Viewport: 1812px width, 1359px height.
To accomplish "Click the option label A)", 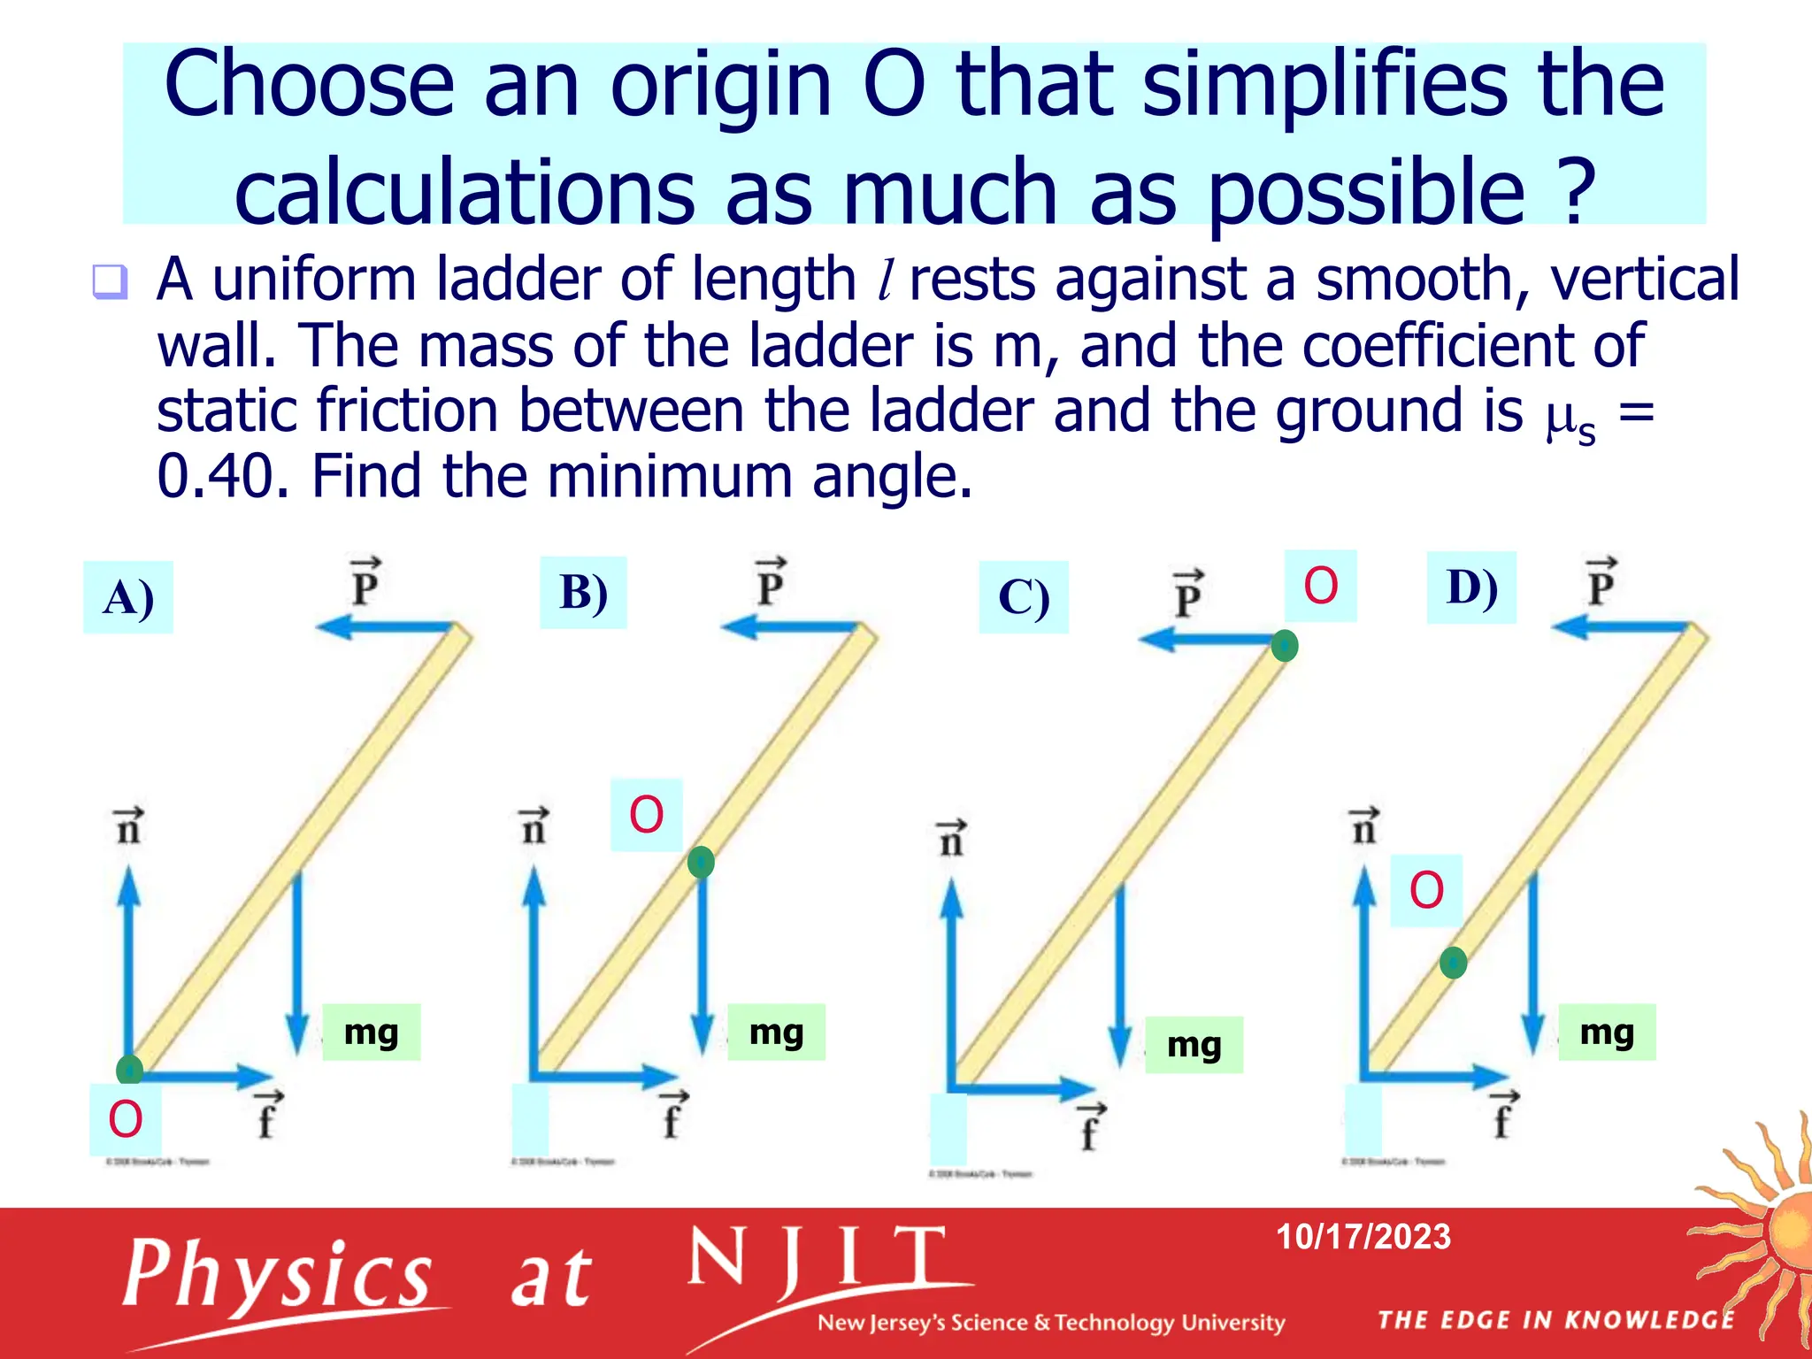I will pyautogui.click(x=128, y=598).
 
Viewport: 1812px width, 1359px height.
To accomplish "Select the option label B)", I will pyautogui.click(x=583, y=593).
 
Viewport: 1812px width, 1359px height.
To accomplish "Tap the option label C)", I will pyautogui.click(x=1024, y=597).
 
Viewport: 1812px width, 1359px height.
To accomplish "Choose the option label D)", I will pyautogui.click(x=1471, y=587).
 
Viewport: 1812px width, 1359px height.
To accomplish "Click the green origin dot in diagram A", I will pyautogui.click(x=130, y=1070).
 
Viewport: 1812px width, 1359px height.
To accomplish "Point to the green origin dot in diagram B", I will pyautogui.click(x=701, y=862).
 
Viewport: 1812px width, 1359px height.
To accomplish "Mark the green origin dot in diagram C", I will pyautogui.click(x=1285, y=646).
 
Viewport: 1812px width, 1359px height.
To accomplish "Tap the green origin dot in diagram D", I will pyautogui.click(x=1453, y=962).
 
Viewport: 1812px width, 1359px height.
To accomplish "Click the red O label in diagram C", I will pyautogui.click(x=1320, y=586).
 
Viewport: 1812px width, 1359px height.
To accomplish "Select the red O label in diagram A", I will pyautogui.click(x=125, y=1119).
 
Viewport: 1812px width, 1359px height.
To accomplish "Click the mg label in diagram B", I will pyautogui.click(x=776, y=1032).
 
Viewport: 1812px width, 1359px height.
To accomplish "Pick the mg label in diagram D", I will pyautogui.click(x=1607, y=1032).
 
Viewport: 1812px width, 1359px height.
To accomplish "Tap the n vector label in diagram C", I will pyautogui.click(x=951, y=838).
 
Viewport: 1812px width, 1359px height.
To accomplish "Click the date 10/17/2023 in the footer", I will pyautogui.click(x=1363, y=1237).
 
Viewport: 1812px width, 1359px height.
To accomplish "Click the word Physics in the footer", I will pyautogui.click(x=277, y=1275).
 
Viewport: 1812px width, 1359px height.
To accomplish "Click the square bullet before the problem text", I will pyautogui.click(x=110, y=281).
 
